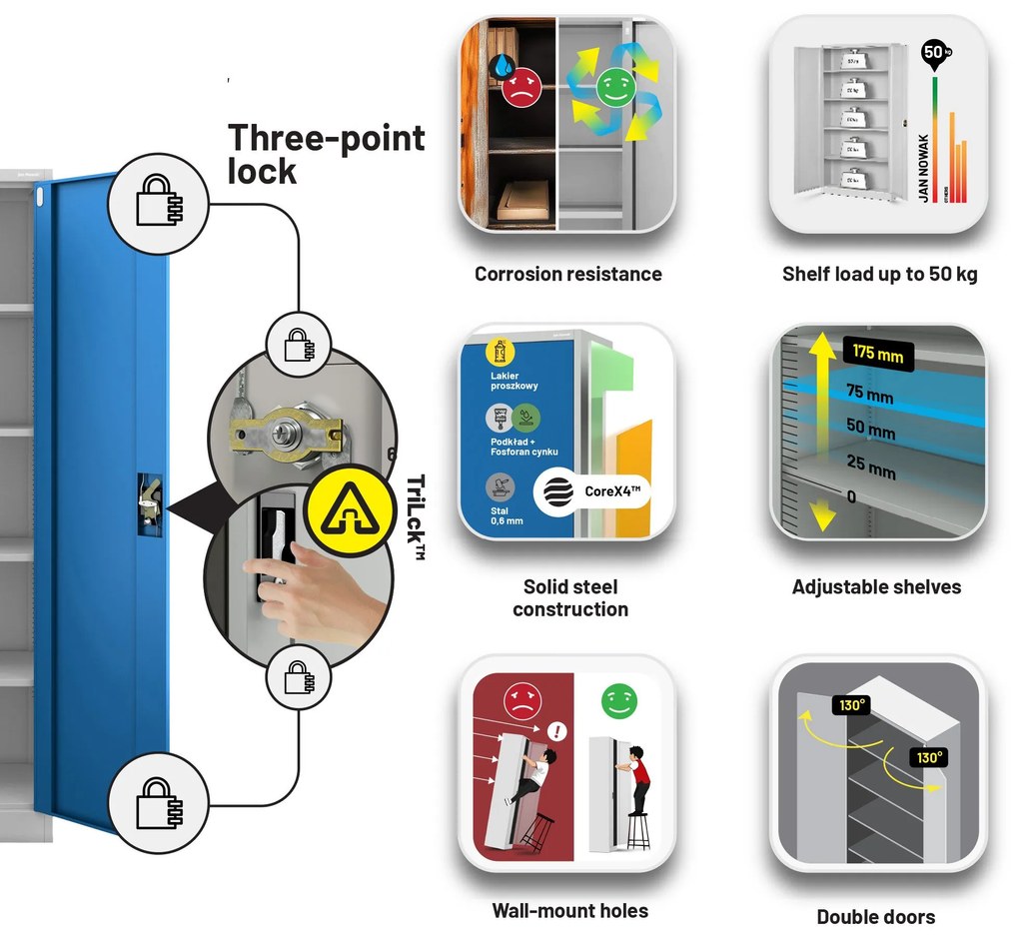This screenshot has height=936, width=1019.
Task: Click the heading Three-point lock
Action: (x=326, y=154)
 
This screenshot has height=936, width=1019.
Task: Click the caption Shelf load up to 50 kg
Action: (x=879, y=274)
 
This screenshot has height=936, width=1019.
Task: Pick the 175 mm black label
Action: (x=877, y=354)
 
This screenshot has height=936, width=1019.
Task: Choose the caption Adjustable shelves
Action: (x=876, y=587)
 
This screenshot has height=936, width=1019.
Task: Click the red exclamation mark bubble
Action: (x=557, y=732)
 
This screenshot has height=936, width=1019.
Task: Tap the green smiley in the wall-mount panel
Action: (x=618, y=701)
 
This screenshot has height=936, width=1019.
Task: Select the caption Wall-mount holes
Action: (x=569, y=910)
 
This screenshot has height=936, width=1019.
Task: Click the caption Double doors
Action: (x=876, y=916)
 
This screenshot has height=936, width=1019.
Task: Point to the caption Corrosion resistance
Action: (x=567, y=274)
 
